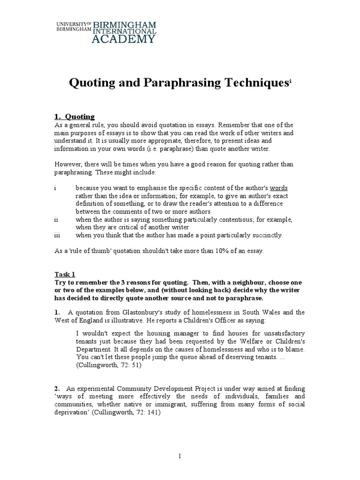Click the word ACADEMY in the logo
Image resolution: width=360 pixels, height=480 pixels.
123,39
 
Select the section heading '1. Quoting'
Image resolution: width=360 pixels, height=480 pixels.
75,117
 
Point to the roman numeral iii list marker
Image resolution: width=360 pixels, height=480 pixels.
56,235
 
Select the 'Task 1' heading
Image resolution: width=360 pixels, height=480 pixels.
65,275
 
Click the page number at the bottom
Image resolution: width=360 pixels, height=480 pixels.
180,456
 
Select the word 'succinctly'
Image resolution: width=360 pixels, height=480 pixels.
265,235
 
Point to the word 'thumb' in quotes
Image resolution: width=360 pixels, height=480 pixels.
98,251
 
